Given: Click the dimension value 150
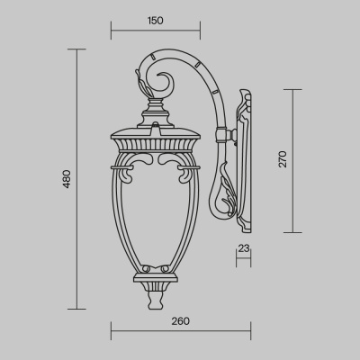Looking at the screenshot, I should [x=157, y=19].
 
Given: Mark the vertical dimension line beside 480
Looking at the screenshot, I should [x=78, y=180].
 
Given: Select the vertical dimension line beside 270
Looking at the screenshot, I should [x=293, y=159].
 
